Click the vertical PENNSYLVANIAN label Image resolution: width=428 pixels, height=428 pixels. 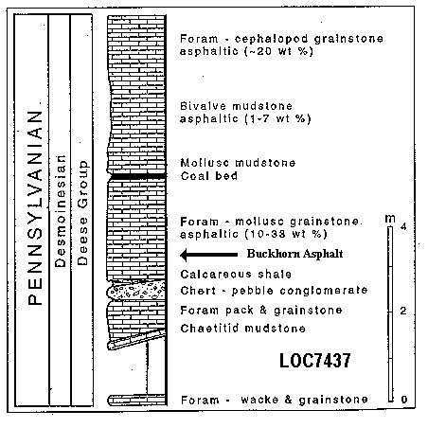point(35,207)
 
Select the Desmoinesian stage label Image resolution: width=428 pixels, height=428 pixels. point(60,211)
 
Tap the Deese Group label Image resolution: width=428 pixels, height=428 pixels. point(82,213)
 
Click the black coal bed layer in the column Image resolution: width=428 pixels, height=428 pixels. point(137,176)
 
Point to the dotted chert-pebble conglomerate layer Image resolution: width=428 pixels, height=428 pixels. point(137,291)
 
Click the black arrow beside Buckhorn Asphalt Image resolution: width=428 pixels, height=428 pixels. point(208,255)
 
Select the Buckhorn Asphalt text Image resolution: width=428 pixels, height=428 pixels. point(294,254)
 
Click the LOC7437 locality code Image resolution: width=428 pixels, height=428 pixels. point(315,360)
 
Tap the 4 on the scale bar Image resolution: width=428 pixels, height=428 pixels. point(403,226)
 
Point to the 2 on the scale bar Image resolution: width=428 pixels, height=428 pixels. point(403,311)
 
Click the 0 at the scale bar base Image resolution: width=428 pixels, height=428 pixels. point(404,400)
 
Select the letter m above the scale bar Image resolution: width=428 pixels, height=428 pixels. point(390,219)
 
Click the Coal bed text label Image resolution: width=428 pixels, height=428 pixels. point(208,176)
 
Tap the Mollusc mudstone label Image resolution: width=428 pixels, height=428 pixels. point(238,163)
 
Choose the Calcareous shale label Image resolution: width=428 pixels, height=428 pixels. point(236,274)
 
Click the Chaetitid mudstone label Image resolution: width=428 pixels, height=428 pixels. point(242,329)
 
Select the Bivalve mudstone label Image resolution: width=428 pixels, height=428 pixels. point(236,106)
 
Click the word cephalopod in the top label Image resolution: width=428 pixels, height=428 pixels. point(271,39)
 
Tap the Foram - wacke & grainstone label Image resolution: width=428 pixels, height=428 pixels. point(274,400)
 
